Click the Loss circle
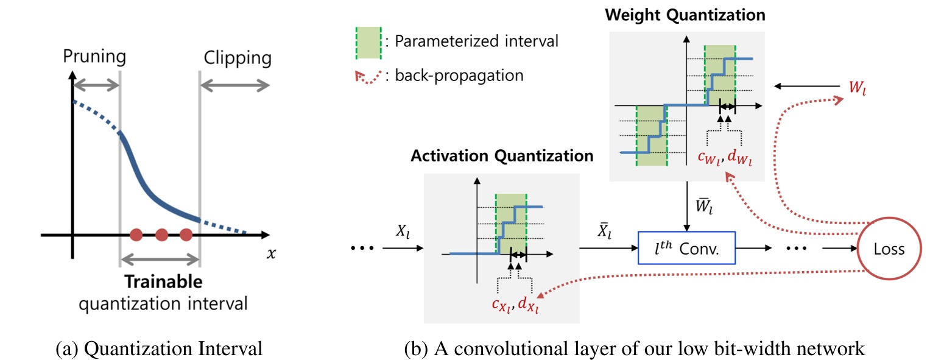pos(881,249)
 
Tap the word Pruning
pos(94,57)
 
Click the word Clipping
pos(238,58)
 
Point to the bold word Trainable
pos(163,282)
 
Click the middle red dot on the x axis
pos(161,234)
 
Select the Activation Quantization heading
pos(502,156)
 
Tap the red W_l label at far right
pos(857,88)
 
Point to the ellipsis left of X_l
pos(364,249)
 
